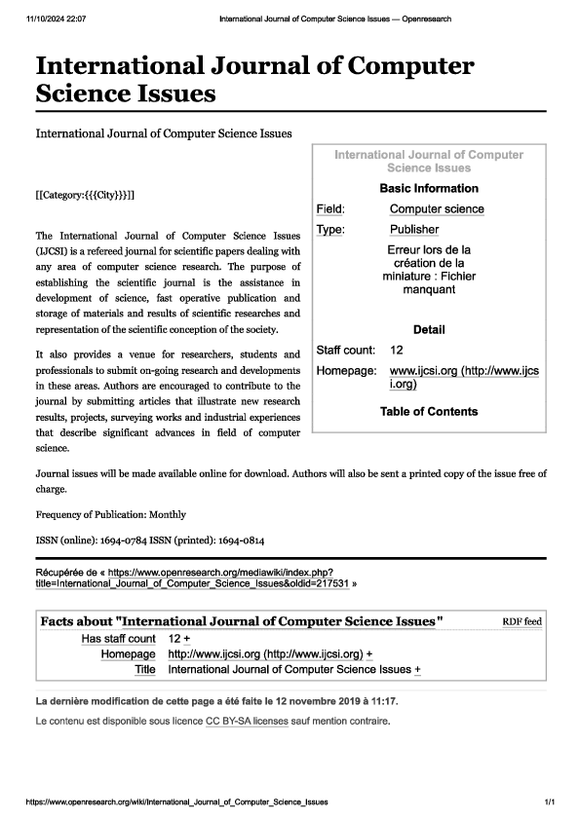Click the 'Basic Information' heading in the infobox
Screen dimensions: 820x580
pyautogui.click(x=428, y=188)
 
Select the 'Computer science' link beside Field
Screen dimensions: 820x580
pyautogui.click(x=437, y=209)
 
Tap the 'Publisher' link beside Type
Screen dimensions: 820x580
pyautogui.click(x=414, y=230)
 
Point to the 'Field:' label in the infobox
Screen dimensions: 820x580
pyautogui.click(x=331, y=209)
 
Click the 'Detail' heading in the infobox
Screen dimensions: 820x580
pyautogui.click(x=429, y=330)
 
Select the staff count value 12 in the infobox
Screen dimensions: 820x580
pyautogui.click(x=397, y=350)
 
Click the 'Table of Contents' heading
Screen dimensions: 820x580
pyautogui.click(x=429, y=411)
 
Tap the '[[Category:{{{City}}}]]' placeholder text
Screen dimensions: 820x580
pyautogui.click(x=85, y=196)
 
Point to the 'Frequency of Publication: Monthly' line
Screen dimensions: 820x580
pyautogui.click(x=110, y=514)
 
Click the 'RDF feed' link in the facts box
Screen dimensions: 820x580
pyautogui.click(x=522, y=621)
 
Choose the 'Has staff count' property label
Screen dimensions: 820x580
pyautogui.click(x=118, y=638)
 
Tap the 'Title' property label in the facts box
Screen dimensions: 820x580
pyautogui.click(x=145, y=670)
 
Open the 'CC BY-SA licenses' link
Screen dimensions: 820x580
pyautogui.click(x=246, y=722)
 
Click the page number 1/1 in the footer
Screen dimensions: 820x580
pyautogui.click(x=550, y=802)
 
